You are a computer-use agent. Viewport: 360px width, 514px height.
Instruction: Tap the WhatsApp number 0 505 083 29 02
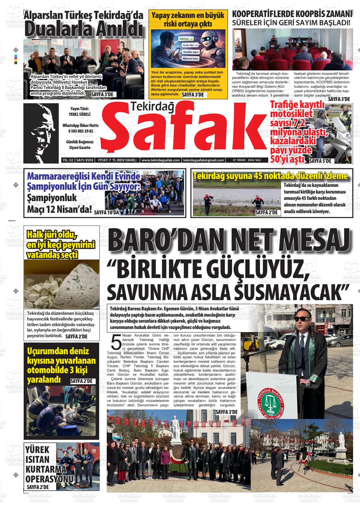coord(80,131)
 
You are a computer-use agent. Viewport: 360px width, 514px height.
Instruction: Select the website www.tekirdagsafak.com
coord(161,160)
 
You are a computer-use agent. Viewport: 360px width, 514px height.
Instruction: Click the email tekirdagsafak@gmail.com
coord(204,160)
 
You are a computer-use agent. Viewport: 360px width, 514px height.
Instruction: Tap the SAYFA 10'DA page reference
coord(106,213)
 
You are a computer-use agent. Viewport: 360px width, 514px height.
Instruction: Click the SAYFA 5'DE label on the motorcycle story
coord(320,161)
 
